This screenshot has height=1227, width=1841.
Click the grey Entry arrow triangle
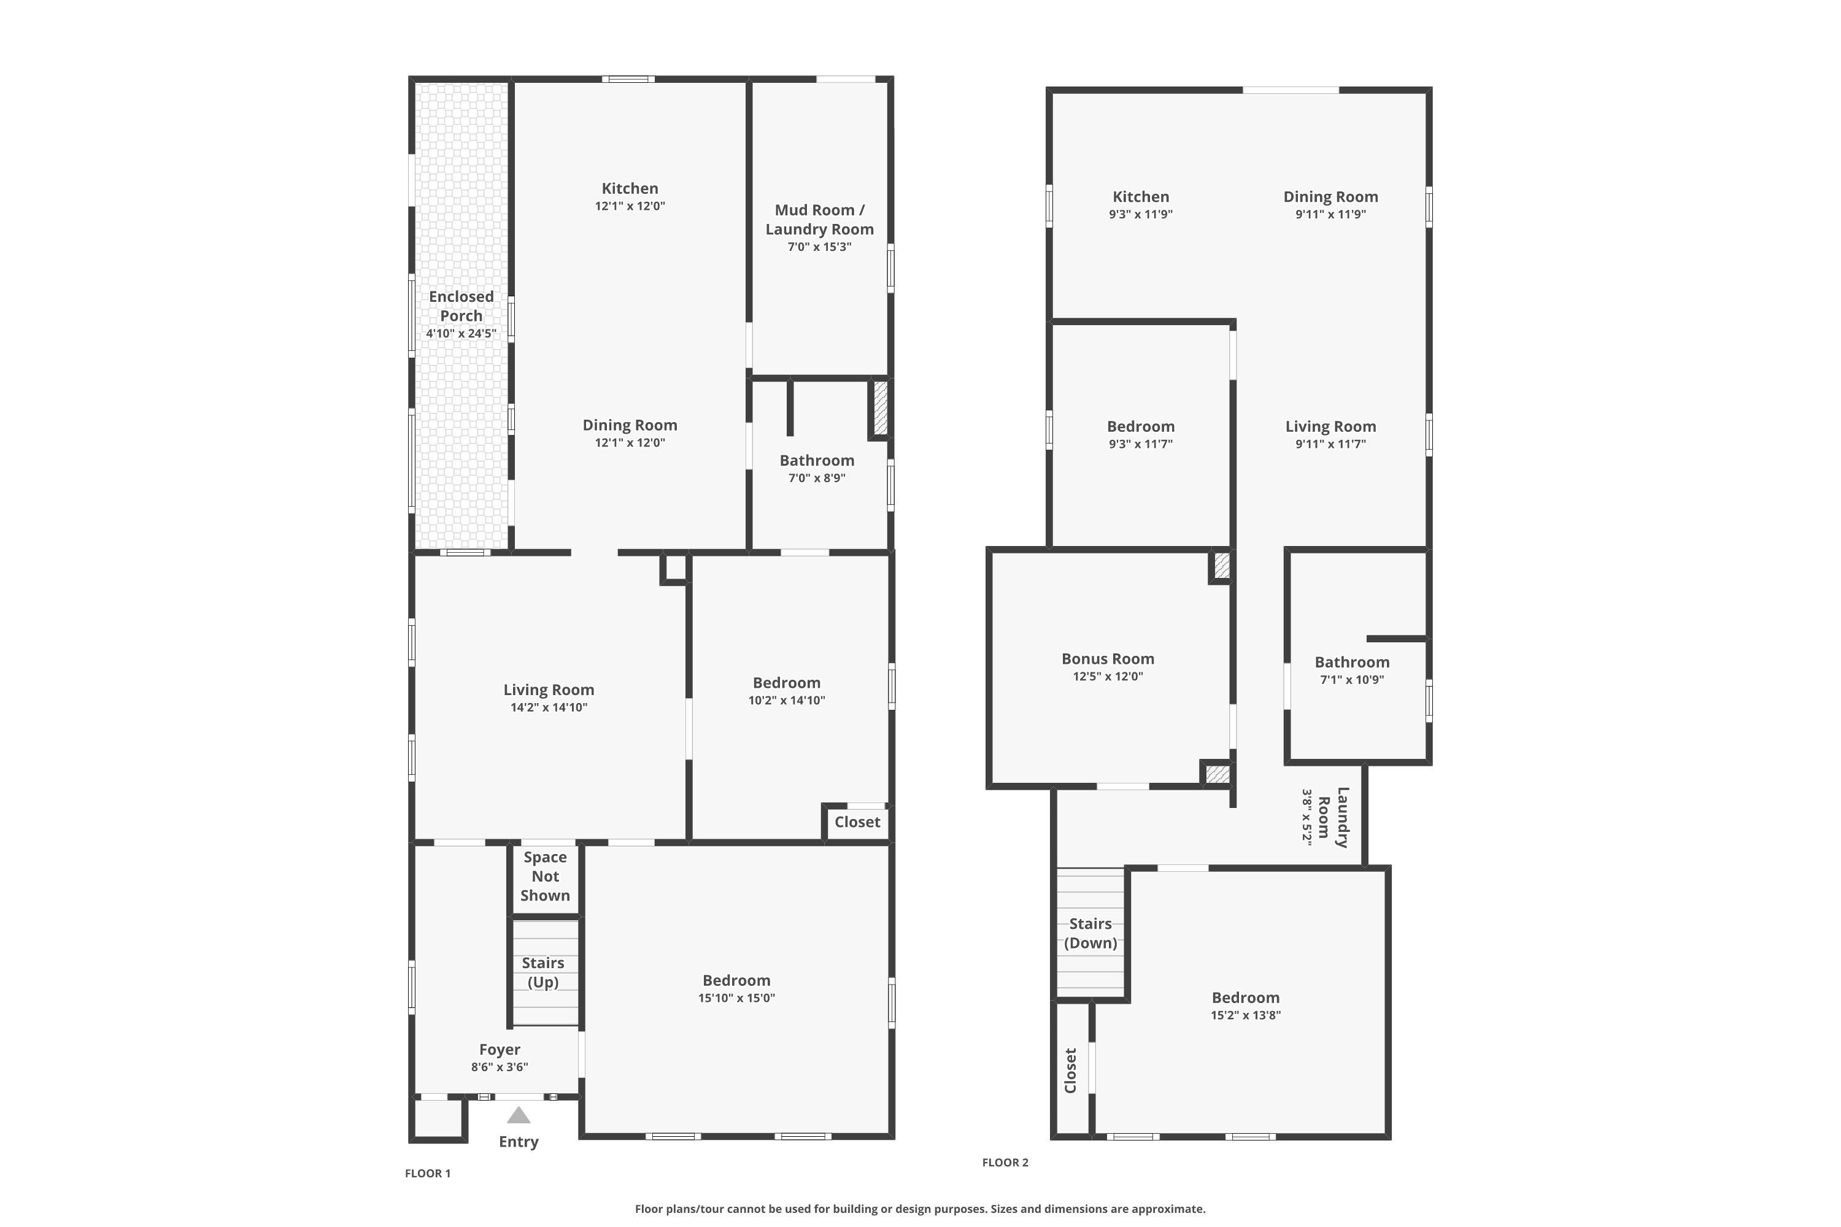[x=518, y=1115]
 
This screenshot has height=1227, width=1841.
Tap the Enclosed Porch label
[x=461, y=306]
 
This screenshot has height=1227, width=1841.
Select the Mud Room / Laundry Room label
[x=819, y=219]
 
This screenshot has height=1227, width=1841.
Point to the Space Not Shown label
[x=546, y=877]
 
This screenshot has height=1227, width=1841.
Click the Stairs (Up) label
[x=543, y=972]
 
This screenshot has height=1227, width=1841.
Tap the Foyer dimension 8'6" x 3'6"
[x=500, y=1067]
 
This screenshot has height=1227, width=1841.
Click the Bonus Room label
[x=1108, y=659]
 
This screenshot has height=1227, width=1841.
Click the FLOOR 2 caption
[x=1005, y=1162]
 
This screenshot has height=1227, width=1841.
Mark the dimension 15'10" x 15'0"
[x=736, y=998]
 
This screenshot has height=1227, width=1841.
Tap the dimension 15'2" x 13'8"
[x=1245, y=1015]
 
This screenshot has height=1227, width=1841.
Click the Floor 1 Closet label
[x=857, y=821]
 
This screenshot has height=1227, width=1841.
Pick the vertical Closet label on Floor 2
[x=1071, y=1071]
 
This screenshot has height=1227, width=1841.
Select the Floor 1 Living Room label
[x=549, y=690]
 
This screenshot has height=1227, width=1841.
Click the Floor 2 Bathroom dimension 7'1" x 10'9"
[x=1352, y=679]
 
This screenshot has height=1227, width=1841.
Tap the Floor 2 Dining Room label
[x=1330, y=196]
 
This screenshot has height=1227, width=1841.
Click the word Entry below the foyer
[x=518, y=1142]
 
